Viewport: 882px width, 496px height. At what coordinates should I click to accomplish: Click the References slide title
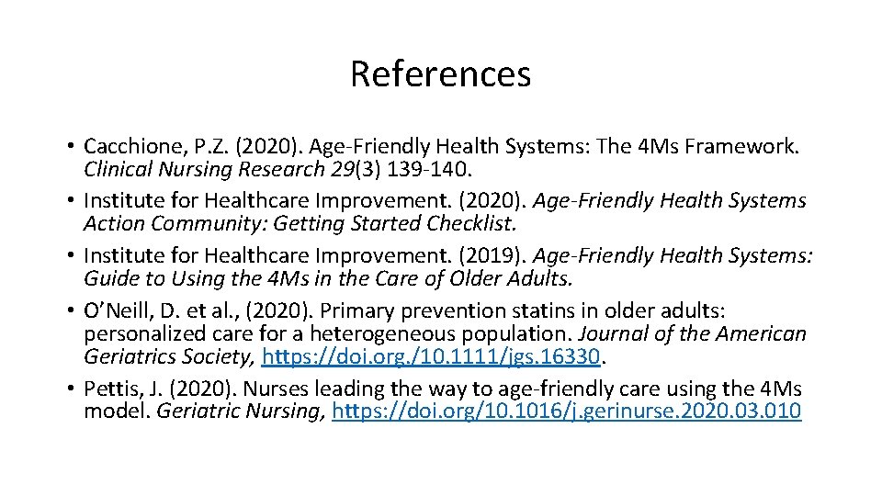tap(440, 73)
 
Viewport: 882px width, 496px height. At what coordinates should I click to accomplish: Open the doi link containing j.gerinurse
tap(567, 411)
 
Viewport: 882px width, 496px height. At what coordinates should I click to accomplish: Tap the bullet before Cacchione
tap(70, 147)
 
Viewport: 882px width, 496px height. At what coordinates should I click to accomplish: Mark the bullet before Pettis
tap(70, 388)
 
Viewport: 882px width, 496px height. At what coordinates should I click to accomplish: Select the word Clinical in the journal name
tap(117, 170)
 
